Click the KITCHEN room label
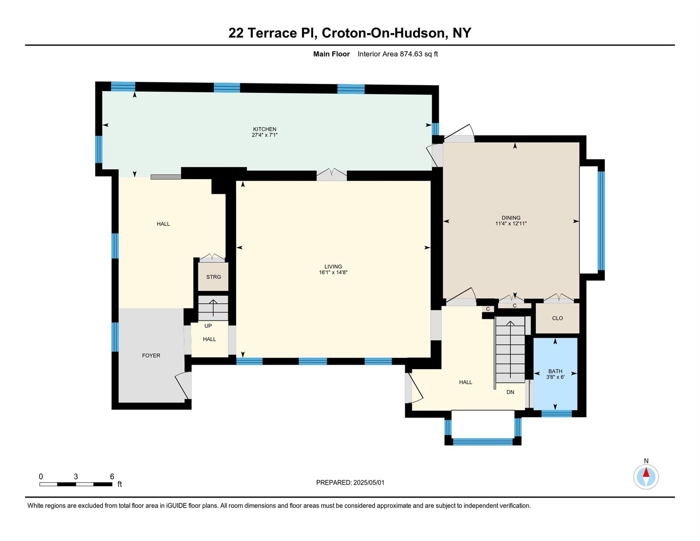click(264, 129)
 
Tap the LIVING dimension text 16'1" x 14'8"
click(333, 272)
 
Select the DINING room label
click(511, 217)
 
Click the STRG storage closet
click(213, 277)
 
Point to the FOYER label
click(151, 355)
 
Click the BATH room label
click(555, 371)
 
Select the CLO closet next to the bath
click(557, 318)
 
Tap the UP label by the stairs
click(208, 326)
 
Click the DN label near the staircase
click(510, 392)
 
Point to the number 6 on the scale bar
click(112, 477)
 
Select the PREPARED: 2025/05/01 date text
click(350, 483)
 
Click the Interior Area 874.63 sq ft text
click(398, 54)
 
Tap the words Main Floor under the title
click(331, 54)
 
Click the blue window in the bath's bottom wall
click(556, 413)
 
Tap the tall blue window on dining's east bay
click(601, 220)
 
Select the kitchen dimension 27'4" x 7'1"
click(264, 135)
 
